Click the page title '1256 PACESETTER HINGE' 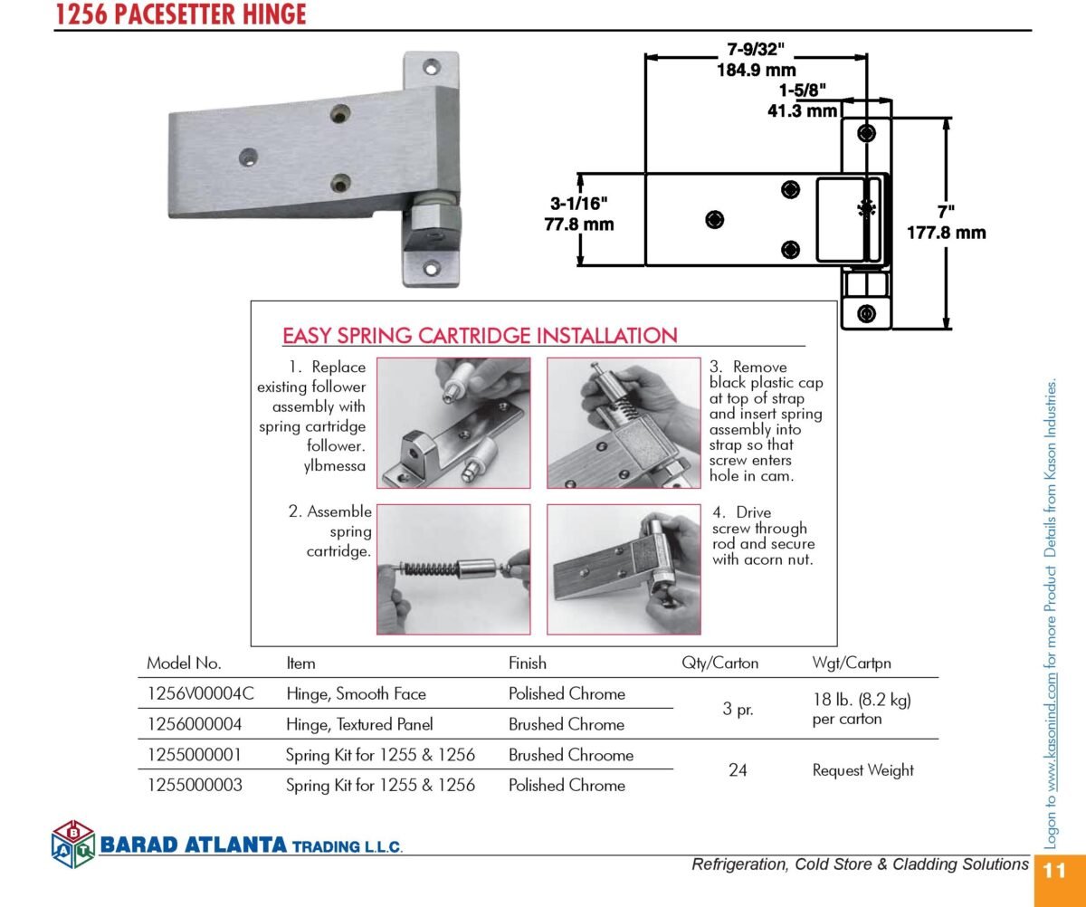[x=180, y=14]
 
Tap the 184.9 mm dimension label [x=756, y=70]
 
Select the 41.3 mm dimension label [x=802, y=110]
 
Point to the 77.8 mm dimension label [x=579, y=224]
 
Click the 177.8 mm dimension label [x=946, y=233]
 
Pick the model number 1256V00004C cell [x=200, y=693]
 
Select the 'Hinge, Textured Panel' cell [x=359, y=724]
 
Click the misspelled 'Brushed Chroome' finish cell [x=571, y=755]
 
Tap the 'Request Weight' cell [x=862, y=770]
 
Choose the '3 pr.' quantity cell [x=738, y=710]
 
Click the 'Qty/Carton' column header [x=719, y=664]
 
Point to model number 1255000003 [x=195, y=785]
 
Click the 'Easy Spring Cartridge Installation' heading [x=480, y=336]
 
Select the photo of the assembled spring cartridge [x=453, y=569]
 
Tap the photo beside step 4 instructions [x=624, y=569]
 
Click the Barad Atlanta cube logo [x=73, y=844]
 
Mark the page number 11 [x=1054, y=871]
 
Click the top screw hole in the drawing [x=866, y=134]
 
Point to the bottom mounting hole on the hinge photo [x=431, y=269]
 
